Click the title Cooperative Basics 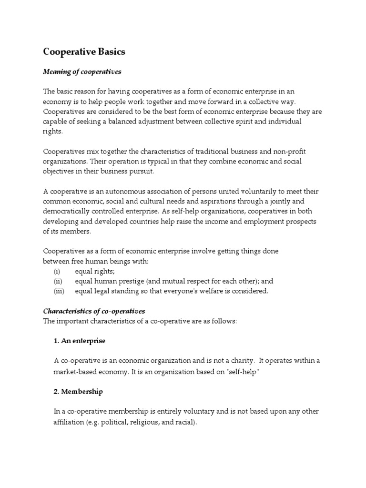[84, 51]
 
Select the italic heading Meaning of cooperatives [82, 71]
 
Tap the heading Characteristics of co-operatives [94, 311]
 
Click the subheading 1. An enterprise [80, 341]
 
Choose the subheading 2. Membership [78, 391]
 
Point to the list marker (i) [57, 271]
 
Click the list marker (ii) [57, 281]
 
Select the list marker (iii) [58, 291]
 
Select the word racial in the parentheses [183, 422]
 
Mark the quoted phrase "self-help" [244, 372]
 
